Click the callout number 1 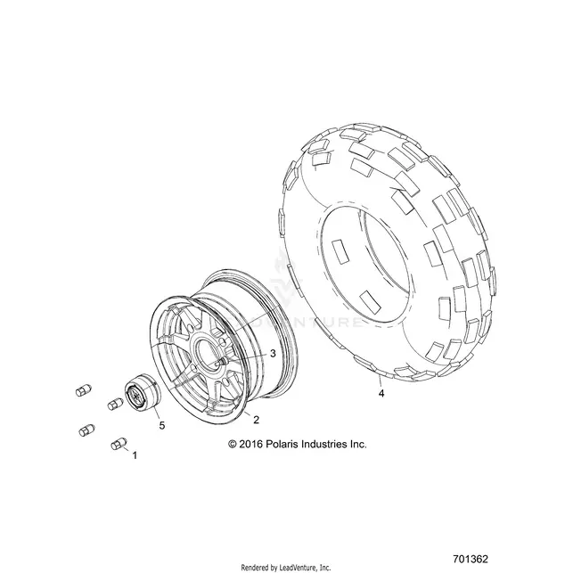[x=135, y=455]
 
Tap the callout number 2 [x=256, y=420]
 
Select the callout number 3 [x=273, y=354]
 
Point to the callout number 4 [x=381, y=394]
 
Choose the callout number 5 [x=162, y=425]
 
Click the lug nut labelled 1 [x=119, y=444]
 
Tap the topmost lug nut [x=83, y=390]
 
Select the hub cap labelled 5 [x=143, y=395]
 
